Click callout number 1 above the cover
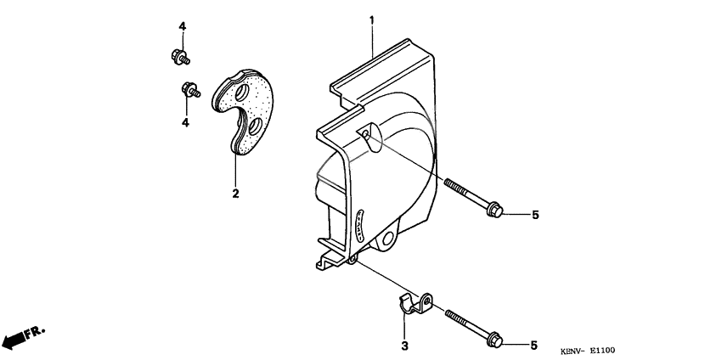click(371, 19)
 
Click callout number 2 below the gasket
click(235, 194)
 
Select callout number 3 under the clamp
click(404, 346)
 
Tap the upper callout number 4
click(182, 27)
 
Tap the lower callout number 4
click(183, 122)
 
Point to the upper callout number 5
click(535, 216)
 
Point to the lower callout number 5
click(535, 345)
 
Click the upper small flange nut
click(179, 57)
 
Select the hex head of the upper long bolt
click(495, 210)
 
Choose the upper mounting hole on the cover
click(366, 135)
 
